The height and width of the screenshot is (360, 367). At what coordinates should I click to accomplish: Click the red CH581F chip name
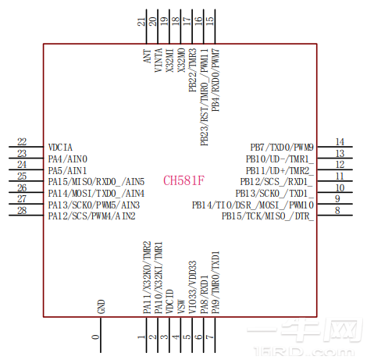(x=183, y=180)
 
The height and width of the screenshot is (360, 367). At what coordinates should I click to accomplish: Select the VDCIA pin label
(x=61, y=147)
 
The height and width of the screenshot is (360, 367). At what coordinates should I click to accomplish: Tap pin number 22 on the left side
(x=22, y=142)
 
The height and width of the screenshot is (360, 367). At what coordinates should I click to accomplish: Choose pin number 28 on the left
(x=22, y=210)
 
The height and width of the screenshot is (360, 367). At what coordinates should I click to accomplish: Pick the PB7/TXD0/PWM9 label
(x=282, y=147)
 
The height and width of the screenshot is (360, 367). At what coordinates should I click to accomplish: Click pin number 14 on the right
(x=340, y=142)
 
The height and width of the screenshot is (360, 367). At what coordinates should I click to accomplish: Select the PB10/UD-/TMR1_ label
(x=278, y=159)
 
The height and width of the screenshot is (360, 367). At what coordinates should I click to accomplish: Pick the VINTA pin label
(x=159, y=59)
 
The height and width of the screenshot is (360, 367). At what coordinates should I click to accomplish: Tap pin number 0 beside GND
(x=96, y=337)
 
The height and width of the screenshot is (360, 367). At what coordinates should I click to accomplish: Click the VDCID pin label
(x=169, y=304)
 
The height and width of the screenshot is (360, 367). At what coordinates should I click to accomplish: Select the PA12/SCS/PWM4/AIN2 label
(x=91, y=216)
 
